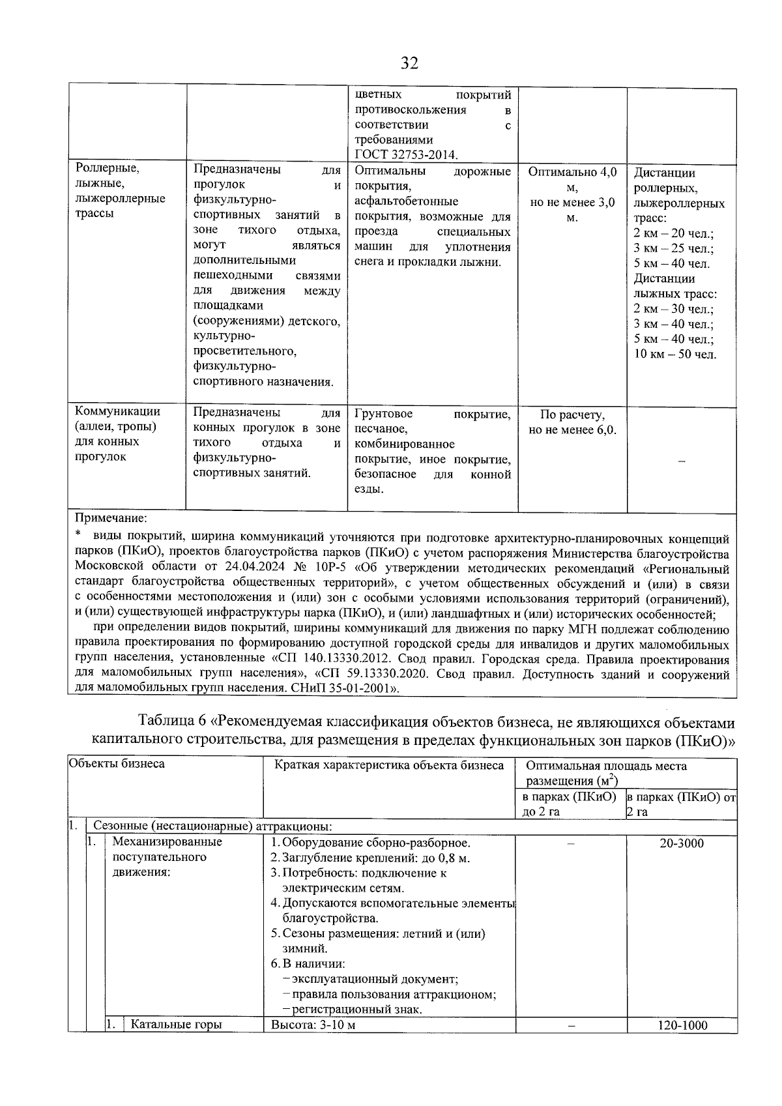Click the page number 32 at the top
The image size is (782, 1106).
tap(409, 63)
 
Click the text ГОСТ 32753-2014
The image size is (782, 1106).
tap(405, 154)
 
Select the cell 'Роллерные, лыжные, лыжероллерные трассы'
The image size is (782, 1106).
tap(121, 190)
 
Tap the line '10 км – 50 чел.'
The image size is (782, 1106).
tap(675, 355)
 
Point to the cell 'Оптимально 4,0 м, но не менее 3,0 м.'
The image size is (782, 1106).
tap(572, 194)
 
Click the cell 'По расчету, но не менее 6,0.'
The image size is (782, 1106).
tap(572, 422)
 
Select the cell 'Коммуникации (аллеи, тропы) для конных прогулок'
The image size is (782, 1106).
tap(117, 434)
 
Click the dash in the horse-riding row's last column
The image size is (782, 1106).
tap(682, 461)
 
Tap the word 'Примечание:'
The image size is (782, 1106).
tap(111, 519)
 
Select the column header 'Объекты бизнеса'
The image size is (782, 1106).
tap(117, 764)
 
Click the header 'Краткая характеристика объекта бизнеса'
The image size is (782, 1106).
tap(389, 765)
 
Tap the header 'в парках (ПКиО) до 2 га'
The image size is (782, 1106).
tap(570, 804)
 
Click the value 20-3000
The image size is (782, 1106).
tap(682, 843)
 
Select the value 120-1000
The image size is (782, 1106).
tap(682, 1025)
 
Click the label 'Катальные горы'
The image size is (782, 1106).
tap(176, 1025)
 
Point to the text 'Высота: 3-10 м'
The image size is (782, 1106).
tap(313, 1025)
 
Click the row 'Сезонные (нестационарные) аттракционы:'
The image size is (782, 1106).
tap(213, 826)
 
